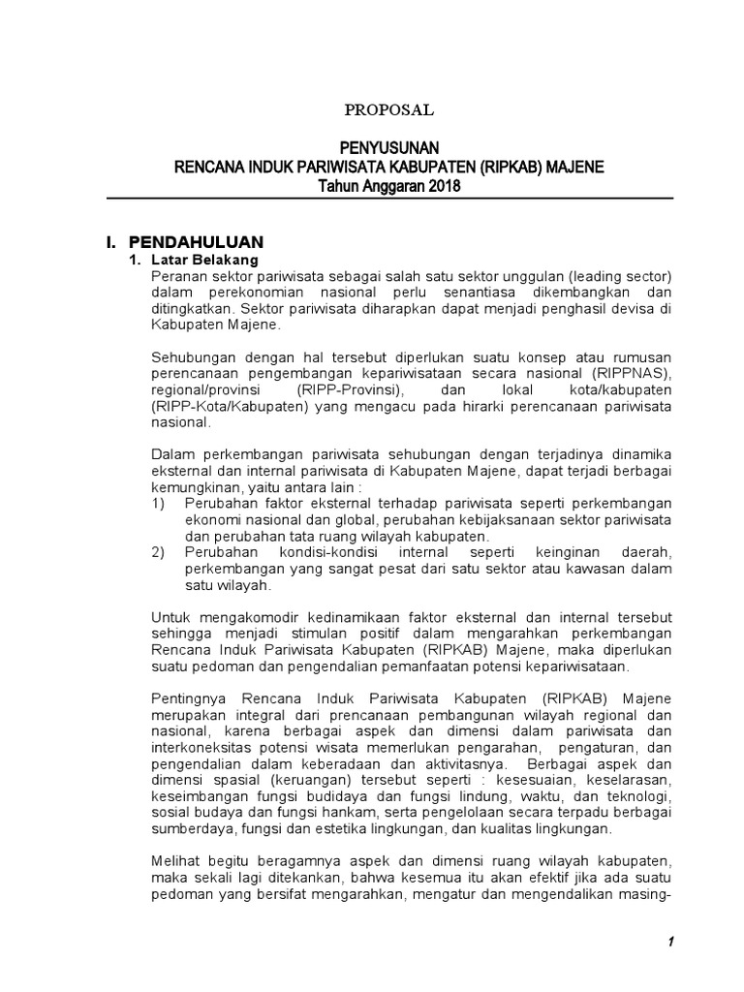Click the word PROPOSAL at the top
tap(389, 110)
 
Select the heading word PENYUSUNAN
tap(389, 147)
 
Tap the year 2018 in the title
tap(442, 186)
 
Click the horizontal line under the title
tap(389, 199)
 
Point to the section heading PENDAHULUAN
tap(196, 241)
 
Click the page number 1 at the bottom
tap(669, 944)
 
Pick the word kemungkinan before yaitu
tap(197, 488)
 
